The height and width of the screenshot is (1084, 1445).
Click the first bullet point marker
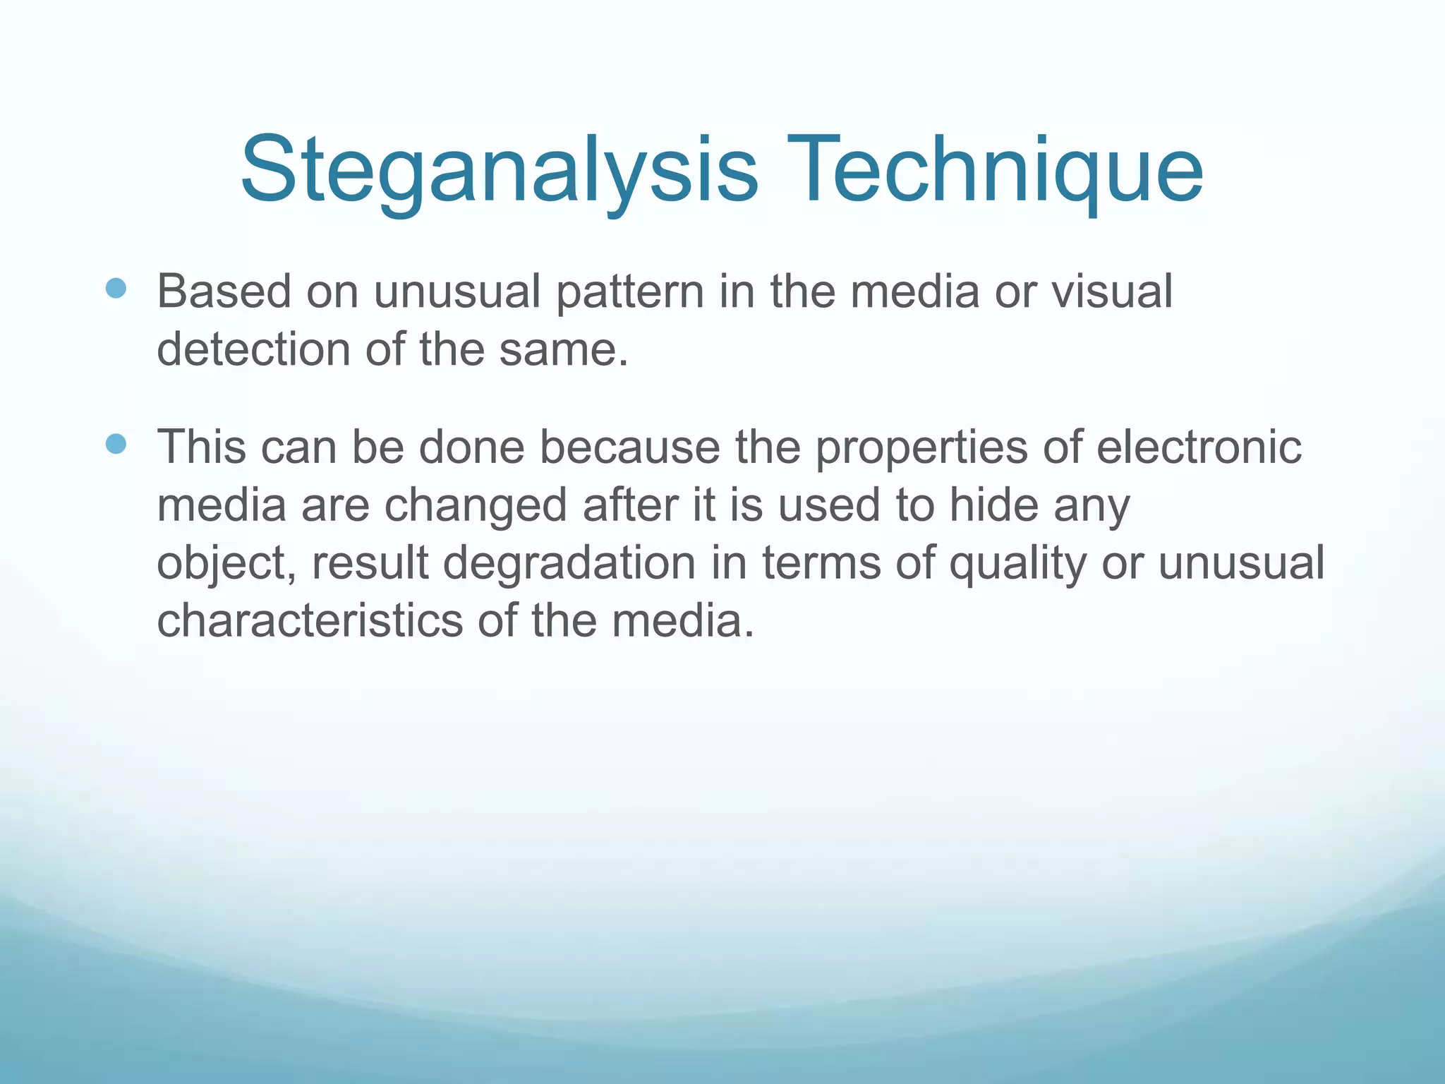[x=116, y=289]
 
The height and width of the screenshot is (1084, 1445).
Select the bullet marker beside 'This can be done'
[x=116, y=444]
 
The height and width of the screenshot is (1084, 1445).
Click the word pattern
[x=630, y=292]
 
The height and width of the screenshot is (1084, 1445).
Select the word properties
[x=921, y=448]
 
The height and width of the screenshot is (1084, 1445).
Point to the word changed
[x=476, y=506]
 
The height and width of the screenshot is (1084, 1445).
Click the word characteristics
[x=310, y=621]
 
